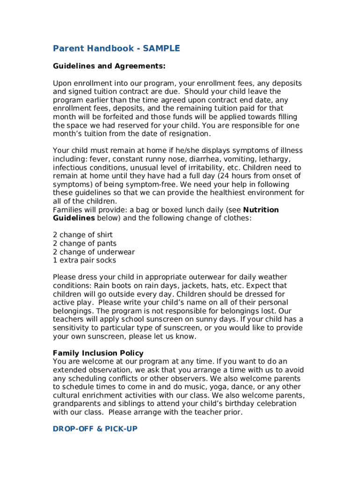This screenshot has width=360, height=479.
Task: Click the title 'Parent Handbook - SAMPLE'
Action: [116, 49]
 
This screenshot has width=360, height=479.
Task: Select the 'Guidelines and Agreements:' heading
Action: [109, 66]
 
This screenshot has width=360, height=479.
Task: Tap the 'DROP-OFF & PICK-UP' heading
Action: [95, 428]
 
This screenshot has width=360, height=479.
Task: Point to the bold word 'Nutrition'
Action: [261, 210]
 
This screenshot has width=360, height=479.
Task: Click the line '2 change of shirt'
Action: [83, 235]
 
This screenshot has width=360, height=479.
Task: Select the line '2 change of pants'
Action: [85, 243]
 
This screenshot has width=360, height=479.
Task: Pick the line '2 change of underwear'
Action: [94, 252]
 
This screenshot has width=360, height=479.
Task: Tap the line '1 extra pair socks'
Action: [85, 261]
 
